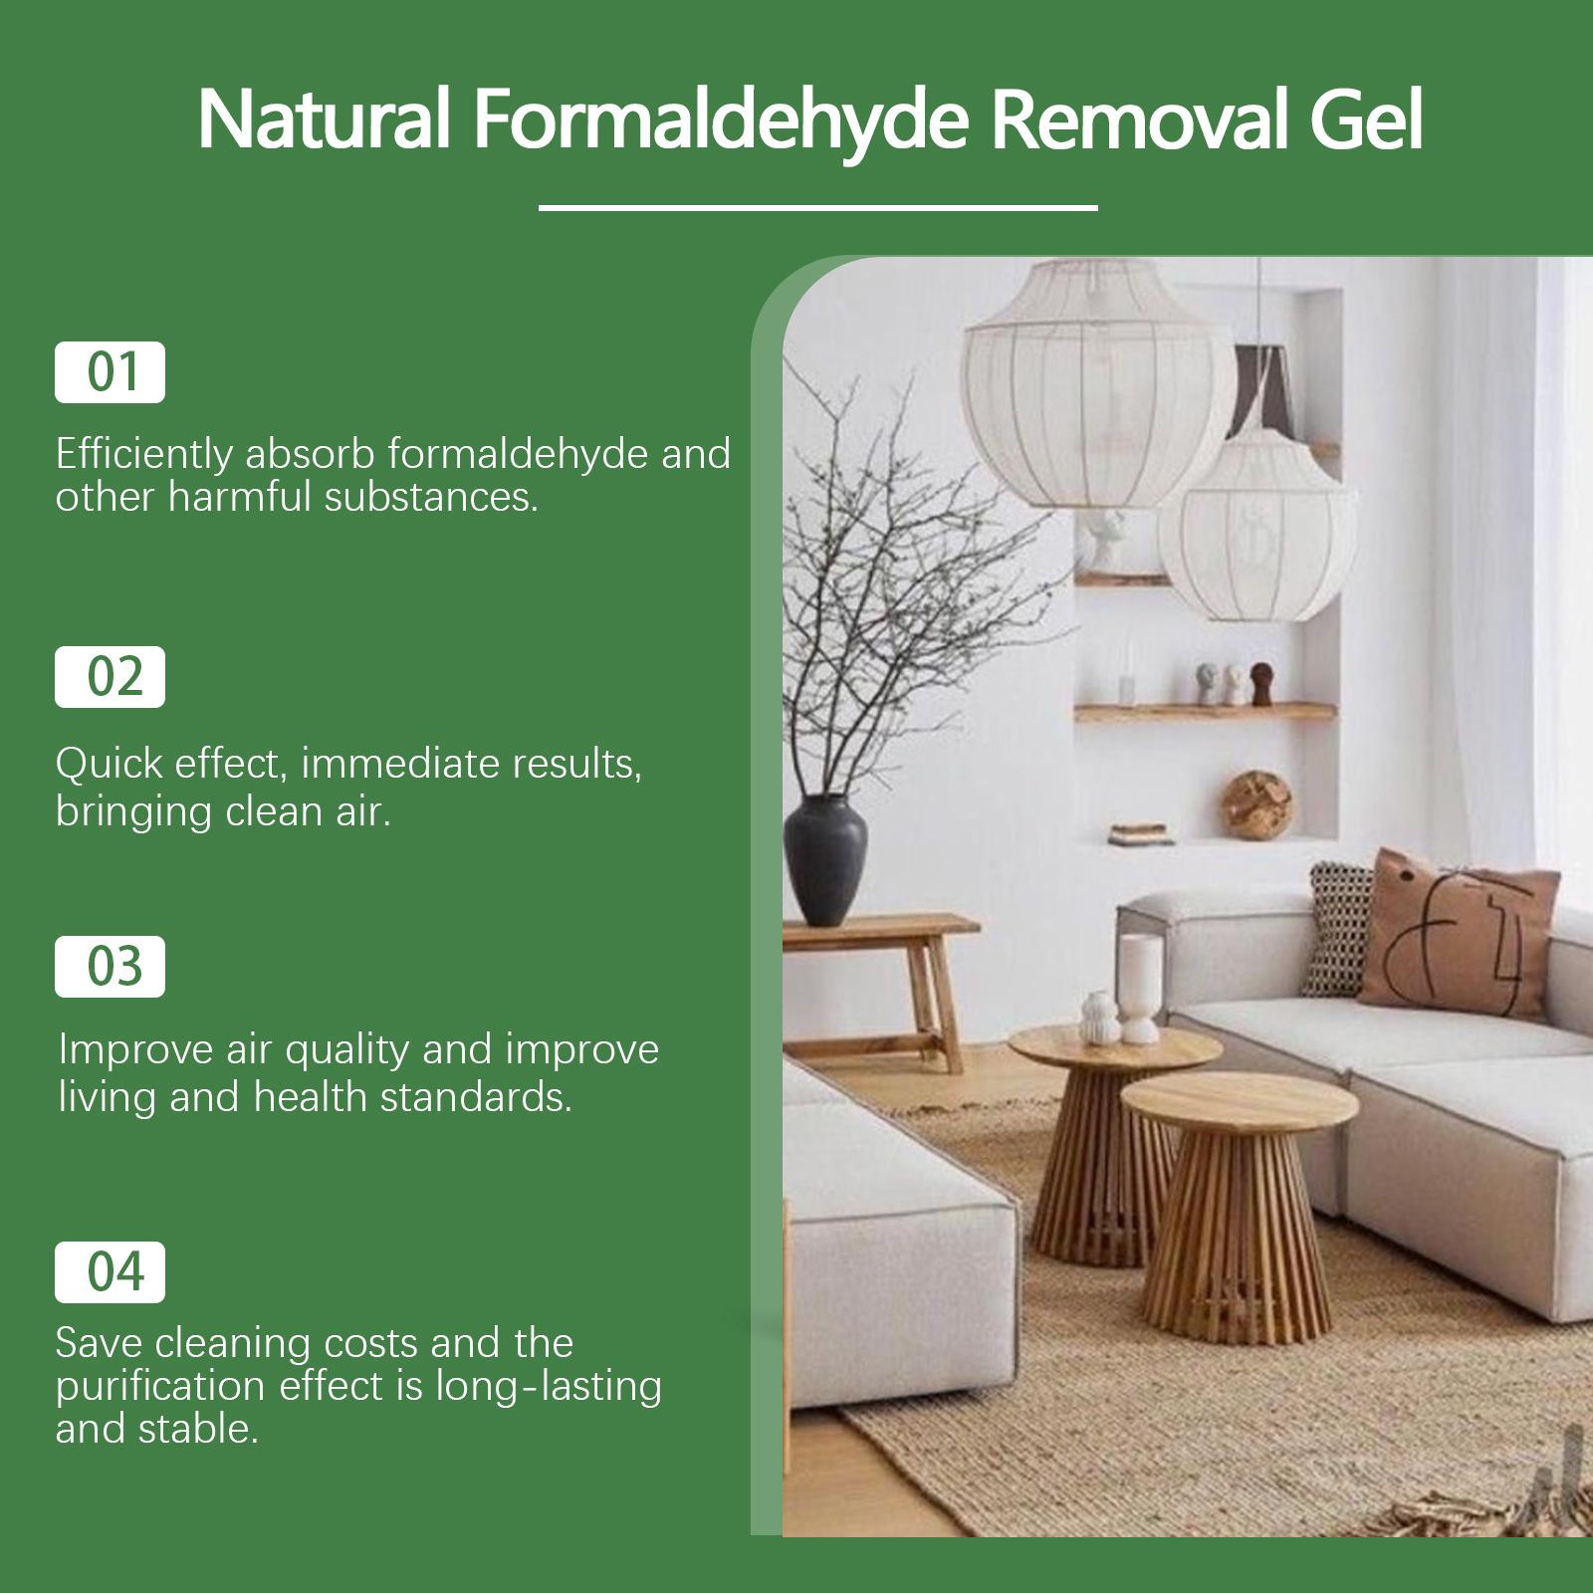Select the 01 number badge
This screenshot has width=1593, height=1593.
[110, 372]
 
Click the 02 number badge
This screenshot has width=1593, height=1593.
[110, 677]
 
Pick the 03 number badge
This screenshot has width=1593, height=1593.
[110, 967]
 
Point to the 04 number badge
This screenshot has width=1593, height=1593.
[110, 1272]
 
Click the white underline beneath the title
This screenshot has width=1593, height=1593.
[817, 208]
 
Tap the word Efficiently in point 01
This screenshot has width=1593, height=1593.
[144, 454]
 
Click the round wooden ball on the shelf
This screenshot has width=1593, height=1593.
[1256, 802]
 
